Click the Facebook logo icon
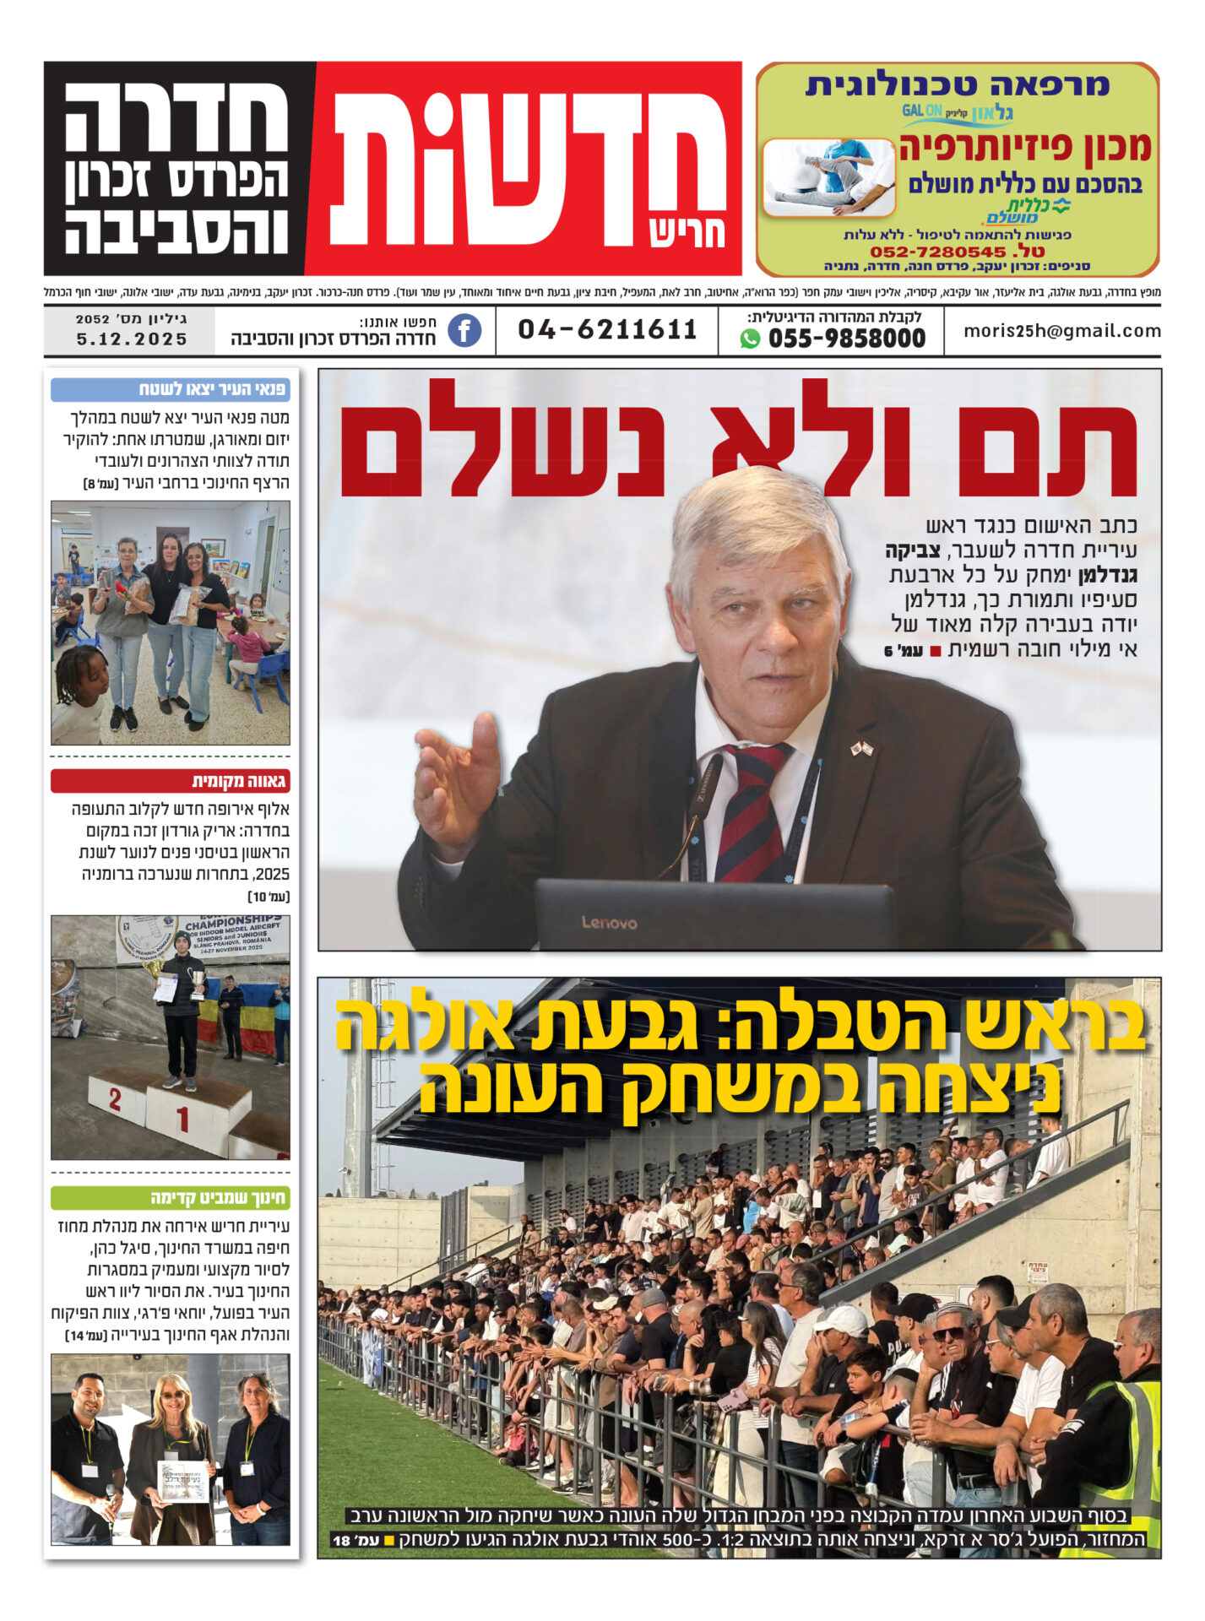[x=464, y=330]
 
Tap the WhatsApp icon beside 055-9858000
[x=750, y=339]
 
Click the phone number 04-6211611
[x=607, y=329]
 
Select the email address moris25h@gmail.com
[x=1061, y=331]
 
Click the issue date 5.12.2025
[x=132, y=339]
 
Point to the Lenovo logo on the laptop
[x=609, y=923]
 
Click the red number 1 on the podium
[x=182, y=1120]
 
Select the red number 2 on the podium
[x=115, y=1099]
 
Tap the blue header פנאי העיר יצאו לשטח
[x=170, y=389]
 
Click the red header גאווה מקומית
[x=170, y=781]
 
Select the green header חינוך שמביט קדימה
[x=170, y=1198]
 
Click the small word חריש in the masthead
[x=687, y=233]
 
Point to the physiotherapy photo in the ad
[x=828, y=177]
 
